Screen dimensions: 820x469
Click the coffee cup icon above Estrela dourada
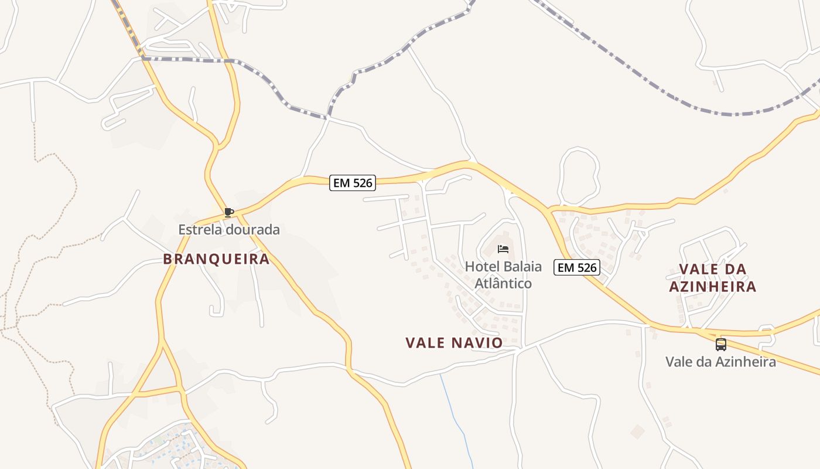tap(229, 212)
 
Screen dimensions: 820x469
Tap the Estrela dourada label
tap(229, 230)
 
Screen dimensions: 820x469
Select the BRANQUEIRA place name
tap(216, 259)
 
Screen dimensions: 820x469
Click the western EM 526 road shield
tap(352, 183)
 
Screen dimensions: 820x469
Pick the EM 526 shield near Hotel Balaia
tap(578, 268)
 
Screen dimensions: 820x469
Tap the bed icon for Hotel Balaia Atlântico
tap(503, 249)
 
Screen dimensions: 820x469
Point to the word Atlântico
tap(503, 284)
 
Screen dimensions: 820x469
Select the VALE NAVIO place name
tap(454, 343)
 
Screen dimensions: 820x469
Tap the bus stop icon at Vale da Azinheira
tap(720, 345)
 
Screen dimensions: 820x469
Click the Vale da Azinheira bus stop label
tap(720, 362)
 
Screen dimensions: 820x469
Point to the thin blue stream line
tap(457, 416)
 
